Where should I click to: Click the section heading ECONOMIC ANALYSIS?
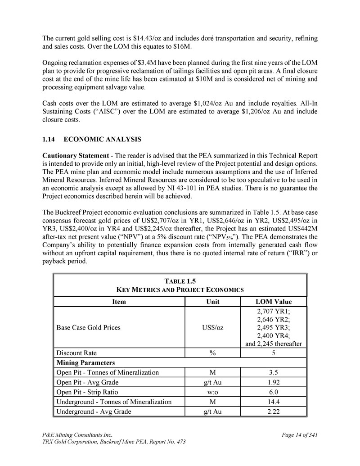tap(103, 139)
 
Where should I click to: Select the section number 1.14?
tap(48, 139)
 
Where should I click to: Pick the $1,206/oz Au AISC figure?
tap(264, 111)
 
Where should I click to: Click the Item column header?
tap(119, 302)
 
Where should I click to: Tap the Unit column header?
tap(212, 302)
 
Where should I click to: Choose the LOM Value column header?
tap(274, 302)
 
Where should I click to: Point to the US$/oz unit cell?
tap(212, 327)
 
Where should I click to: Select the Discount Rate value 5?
tap(274, 353)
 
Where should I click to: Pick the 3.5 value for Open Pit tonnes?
tap(274, 372)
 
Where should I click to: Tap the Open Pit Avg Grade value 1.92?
tap(274, 382)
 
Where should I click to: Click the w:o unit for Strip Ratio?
tap(212, 392)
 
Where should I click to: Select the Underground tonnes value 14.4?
tap(274, 402)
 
